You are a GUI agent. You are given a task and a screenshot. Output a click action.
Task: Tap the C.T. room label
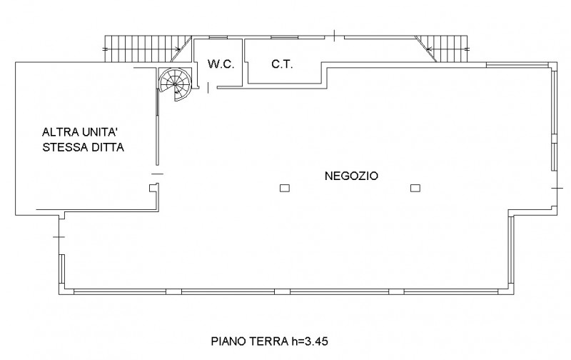pos(280,64)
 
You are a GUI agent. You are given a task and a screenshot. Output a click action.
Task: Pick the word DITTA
pos(108,149)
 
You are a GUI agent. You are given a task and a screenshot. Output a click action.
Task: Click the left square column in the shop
pos(284,189)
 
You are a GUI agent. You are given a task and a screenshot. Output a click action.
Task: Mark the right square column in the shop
pos(415,189)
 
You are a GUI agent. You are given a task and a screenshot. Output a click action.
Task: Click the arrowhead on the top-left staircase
pos(176,49)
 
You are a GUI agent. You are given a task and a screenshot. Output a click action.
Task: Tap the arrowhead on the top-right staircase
pos(429,49)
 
